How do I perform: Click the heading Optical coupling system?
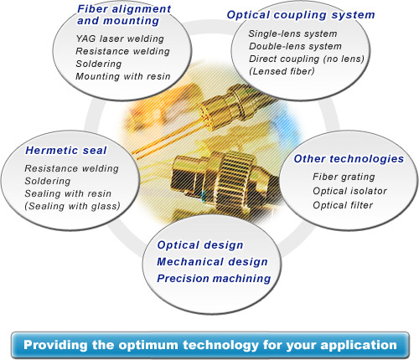coord(301,15)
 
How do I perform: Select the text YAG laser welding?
coord(120,39)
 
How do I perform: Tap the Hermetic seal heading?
coord(66,151)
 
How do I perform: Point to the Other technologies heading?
coord(349,159)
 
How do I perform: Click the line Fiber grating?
coord(344,177)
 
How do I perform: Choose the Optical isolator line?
coord(349,191)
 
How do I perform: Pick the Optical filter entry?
coord(343,205)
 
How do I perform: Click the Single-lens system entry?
coord(292,33)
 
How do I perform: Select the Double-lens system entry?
coord(295,46)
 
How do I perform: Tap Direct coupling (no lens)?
coord(307,59)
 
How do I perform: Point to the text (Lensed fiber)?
coord(282,71)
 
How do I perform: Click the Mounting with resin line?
coord(123,76)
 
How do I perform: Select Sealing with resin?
coord(68,193)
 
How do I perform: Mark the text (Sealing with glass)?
coord(72,206)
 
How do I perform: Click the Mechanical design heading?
coord(212,262)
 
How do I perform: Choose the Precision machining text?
coord(214,279)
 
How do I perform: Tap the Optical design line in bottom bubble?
coord(200,245)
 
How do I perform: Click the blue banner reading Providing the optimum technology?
coord(210,345)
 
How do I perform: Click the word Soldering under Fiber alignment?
coord(99,64)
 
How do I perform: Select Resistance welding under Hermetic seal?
coord(71,168)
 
